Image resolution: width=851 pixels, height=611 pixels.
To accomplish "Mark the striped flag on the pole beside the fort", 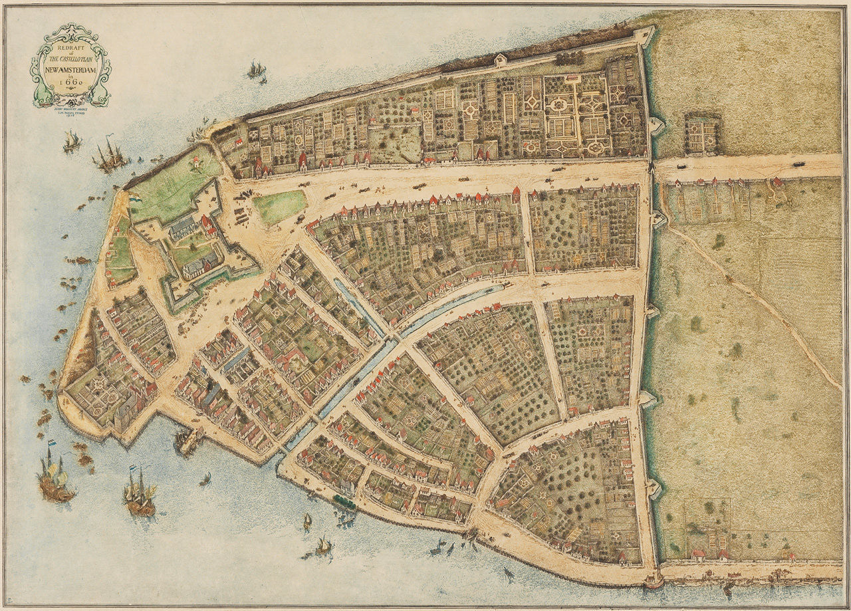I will [134, 198].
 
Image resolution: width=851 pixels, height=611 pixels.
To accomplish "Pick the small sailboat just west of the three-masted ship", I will [72, 141].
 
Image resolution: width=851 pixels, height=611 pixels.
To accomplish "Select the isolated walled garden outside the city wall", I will [703, 135].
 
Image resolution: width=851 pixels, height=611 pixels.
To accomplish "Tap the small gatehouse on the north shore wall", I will [500, 61].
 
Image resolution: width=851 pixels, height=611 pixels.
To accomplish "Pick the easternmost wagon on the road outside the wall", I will [797, 163].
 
